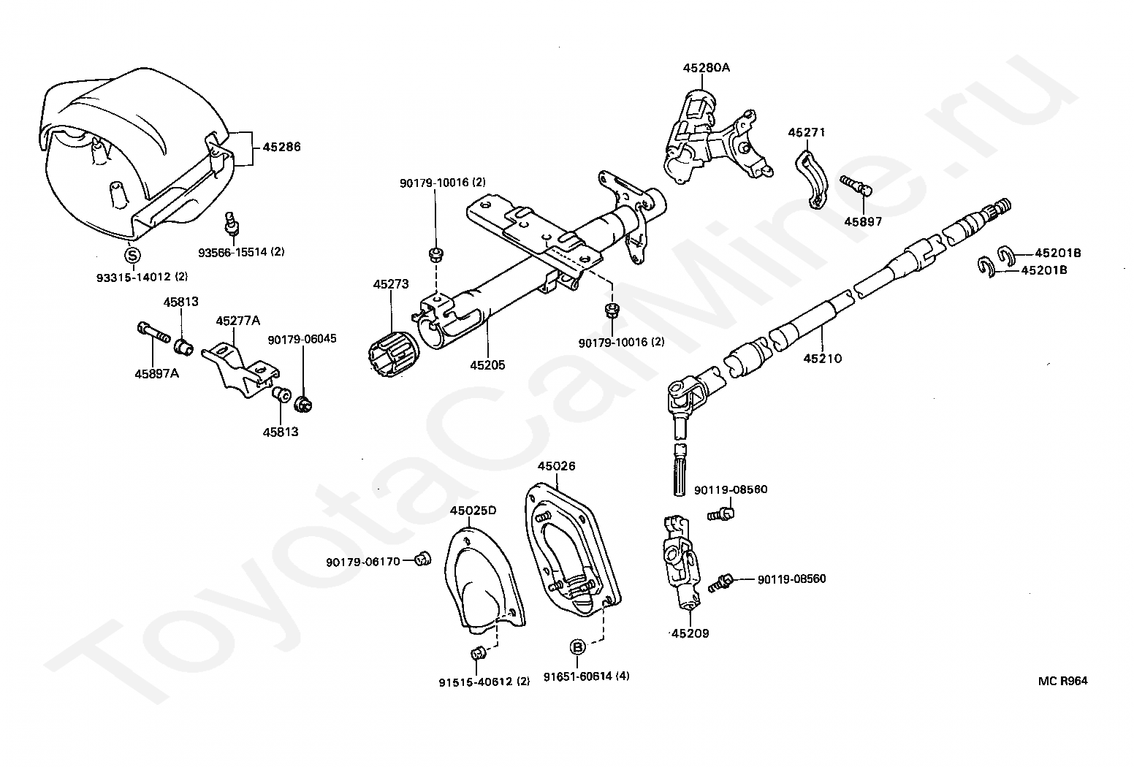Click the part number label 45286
(281, 147)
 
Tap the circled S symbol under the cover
(132, 255)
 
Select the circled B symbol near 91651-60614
(577, 646)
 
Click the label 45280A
(706, 68)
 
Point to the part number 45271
(806, 132)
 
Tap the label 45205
(487, 365)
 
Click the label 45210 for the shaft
(822, 359)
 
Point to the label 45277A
(238, 321)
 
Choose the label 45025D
(473, 510)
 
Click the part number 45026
(556, 465)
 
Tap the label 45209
(690, 633)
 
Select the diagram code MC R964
(1062, 681)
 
